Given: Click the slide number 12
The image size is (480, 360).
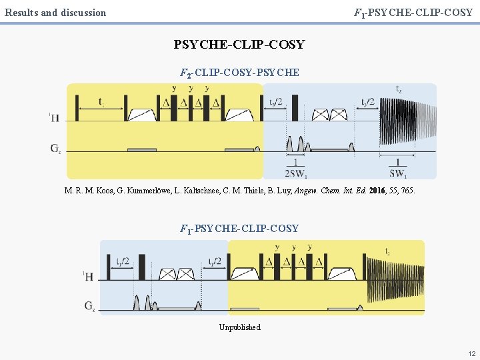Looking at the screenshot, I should click(471, 353).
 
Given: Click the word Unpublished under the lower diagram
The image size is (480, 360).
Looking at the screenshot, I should click(239, 327).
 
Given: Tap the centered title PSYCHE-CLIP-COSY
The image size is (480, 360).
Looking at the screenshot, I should click(239, 45).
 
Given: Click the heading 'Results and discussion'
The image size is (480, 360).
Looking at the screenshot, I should click(55, 12).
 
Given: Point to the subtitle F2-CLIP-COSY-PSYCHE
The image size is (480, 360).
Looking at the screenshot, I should click(239, 72).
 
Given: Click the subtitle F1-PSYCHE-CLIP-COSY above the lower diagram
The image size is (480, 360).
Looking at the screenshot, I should click(239, 229).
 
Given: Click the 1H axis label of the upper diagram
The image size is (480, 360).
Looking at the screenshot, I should click(55, 118).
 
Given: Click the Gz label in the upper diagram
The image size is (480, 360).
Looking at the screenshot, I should click(56, 148).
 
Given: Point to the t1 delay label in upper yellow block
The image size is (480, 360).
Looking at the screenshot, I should click(101, 103).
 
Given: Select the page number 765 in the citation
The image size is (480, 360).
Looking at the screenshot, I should click(407, 191).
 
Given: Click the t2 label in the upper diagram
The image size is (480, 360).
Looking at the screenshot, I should click(399, 89).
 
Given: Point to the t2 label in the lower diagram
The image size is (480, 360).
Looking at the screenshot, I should click(388, 251).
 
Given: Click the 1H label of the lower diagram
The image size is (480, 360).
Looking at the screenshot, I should click(89, 275).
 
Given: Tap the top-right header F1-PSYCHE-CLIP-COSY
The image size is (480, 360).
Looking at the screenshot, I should click(413, 12).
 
